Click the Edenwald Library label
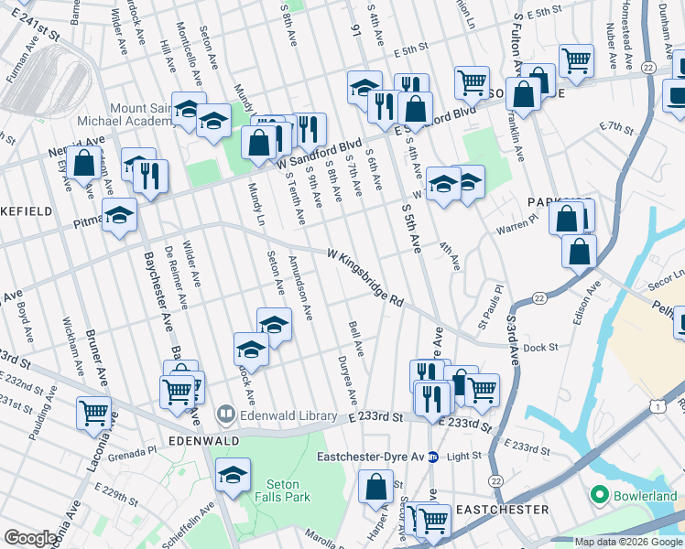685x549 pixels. click(x=288, y=415)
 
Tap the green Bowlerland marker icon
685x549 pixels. click(x=600, y=495)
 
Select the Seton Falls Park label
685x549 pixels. click(x=288, y=490)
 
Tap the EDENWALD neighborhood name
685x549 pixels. click(x=204, y=440)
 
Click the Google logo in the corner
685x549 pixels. click(x=30, y=538)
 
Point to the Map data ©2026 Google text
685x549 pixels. click(x=627, y=542)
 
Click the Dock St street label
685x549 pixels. click(x=541, y=348)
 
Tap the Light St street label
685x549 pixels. click(x=464, y=456)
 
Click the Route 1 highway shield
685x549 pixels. click(x=656, y=404)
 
